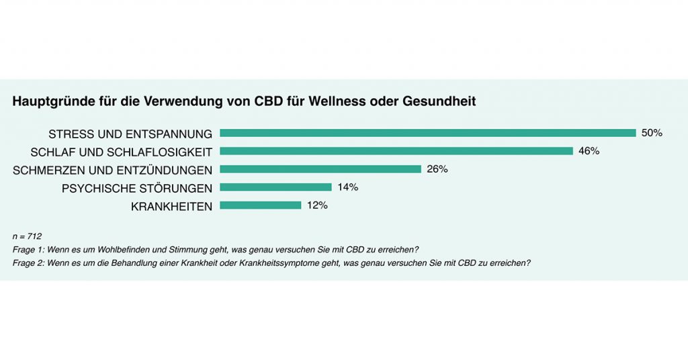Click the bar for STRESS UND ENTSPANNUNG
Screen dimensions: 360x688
[427, 133]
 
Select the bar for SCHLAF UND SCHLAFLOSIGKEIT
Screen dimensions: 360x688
[396, 151]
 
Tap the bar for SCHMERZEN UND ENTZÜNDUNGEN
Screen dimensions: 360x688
[320, 169]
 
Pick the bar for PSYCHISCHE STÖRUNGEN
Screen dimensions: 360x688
[275, 187]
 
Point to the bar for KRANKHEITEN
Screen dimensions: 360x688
[260, 206]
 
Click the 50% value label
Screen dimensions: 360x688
[652, 133]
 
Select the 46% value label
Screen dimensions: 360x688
[589, 151]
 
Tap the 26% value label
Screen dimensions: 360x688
[437, 169]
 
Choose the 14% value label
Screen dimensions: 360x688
[347, 187]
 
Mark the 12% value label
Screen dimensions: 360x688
[317, 206]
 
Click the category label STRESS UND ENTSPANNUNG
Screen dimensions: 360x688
[130, 134]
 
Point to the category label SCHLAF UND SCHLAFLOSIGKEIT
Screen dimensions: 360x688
[122, 152]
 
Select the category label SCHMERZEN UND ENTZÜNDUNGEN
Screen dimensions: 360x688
[113, 170]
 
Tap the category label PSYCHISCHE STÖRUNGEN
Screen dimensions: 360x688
[137, 188]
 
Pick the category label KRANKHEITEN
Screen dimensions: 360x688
[171, 206]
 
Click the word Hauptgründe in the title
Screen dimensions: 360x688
[49, 102]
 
